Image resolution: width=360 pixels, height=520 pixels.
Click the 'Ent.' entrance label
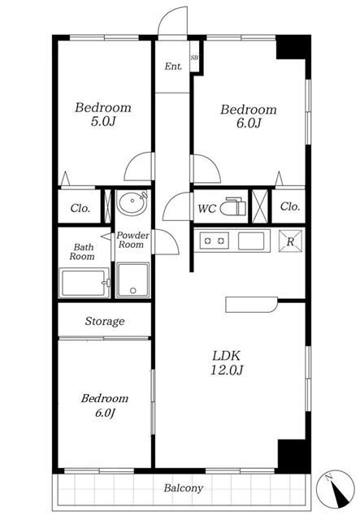click(x=173, y=67)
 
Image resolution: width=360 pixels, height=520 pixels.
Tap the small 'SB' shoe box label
click(x=194, y=57)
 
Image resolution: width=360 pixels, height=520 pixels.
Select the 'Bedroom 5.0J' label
click(x=103, y=115)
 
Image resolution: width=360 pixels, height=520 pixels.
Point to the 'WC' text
click(x=206, y=209)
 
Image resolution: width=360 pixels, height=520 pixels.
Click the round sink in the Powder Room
click(x=132, y=201)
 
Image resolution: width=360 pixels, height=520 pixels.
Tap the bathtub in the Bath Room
click(x=85, y=283)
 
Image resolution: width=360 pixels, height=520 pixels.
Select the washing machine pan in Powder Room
click(x=133, y=279)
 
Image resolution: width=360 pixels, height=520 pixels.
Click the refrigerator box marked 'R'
click(x=290, y=241)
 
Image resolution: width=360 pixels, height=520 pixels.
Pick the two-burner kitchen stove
click(x=214, y=240)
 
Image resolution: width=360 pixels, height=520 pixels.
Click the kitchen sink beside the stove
click(x=251, y=240)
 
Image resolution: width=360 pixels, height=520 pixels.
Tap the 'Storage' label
click(x=105, y=322)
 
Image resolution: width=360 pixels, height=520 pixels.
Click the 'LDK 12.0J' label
click(x=227, y=362)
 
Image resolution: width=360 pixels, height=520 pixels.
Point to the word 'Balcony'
click(x=184, y=488)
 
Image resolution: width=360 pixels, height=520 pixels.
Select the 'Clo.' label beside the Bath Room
click(x=80, y=208)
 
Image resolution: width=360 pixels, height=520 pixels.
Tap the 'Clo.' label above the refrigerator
click(x=290, y=206)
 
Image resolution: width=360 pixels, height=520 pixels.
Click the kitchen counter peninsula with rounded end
click(x=251, y=305)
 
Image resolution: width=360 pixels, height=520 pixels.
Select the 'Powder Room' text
click(x=132, y=240)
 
